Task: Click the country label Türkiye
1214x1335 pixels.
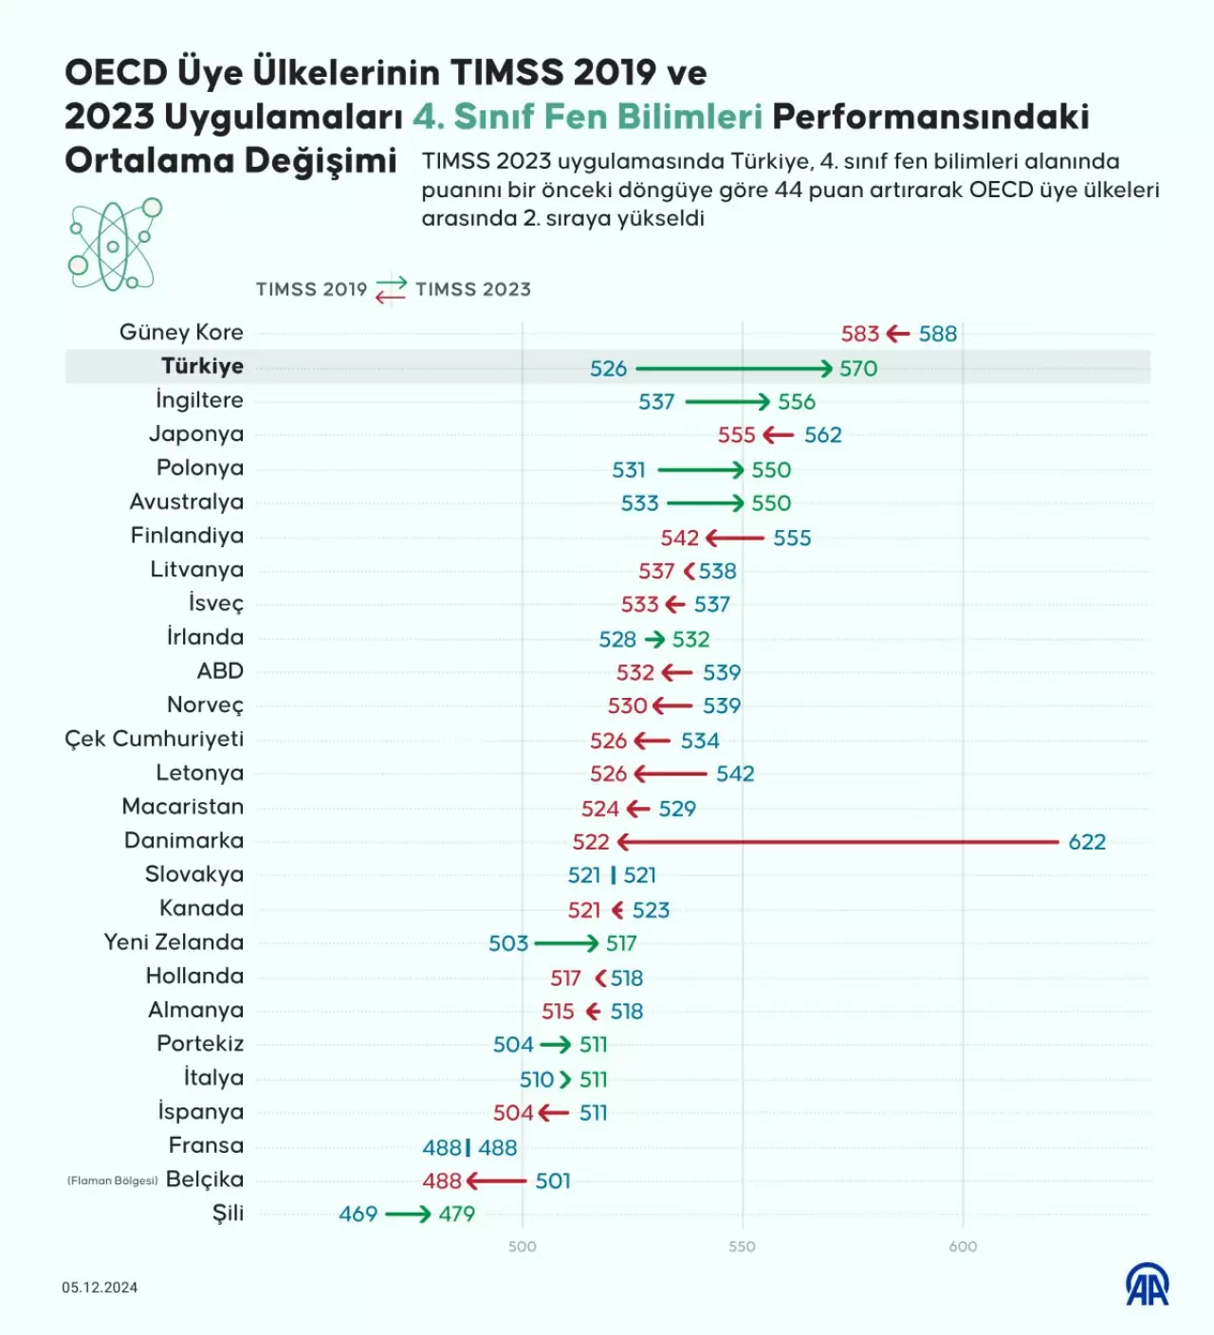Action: coord(202,366)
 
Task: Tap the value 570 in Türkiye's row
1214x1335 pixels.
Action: coord(858,368)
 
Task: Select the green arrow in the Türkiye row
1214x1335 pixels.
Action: coord(734,368)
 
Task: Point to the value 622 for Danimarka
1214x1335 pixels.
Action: coord(1087,842)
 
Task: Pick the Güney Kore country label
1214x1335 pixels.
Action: coord(181,332)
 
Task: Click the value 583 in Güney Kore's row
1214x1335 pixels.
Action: coord(860,334)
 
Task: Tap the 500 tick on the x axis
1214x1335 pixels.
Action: coord(523,1246)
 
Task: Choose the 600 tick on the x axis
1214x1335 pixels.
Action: coord(963,1246)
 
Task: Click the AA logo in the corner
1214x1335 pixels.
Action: coord(1148,1286)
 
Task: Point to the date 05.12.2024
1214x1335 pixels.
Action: coord(100,1288)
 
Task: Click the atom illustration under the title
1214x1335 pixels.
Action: coord(114,245)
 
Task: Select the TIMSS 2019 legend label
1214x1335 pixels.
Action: coord(311,289)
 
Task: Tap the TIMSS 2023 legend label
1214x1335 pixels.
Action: coord(473,289)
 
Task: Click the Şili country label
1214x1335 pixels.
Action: coord(228,1213)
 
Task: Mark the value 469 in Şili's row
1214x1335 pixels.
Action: coord(359,1214)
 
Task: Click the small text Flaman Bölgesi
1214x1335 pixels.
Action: coord(112,1180)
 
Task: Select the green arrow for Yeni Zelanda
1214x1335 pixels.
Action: coord(566,943)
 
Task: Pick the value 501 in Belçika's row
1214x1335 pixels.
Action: coord(553,1180)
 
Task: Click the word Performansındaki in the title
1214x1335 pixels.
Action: coord(930,116)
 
